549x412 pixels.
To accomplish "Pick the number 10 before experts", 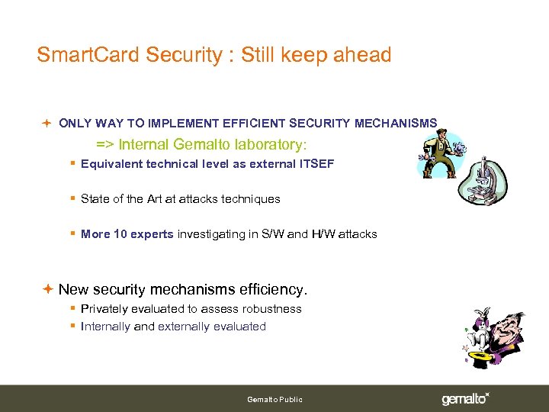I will pyautogui.click(x=120, y=234).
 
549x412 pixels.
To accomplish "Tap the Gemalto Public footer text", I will pyautogui.click(x=274, y=399).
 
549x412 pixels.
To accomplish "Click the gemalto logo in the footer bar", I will pyautogui.click(x=464, y=398).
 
